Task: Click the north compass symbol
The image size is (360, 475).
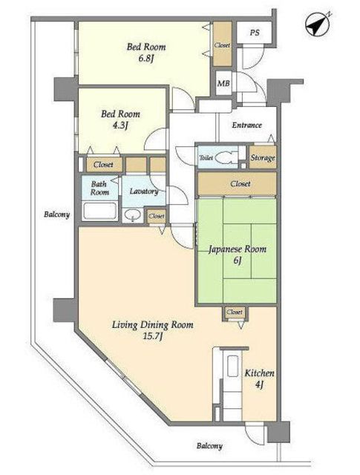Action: [318, 24]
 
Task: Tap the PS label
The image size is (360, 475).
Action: [255, 33]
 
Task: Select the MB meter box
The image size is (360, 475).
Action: [223, 82]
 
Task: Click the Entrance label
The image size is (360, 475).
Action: [247, 125]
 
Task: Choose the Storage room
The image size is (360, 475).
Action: [263, 157]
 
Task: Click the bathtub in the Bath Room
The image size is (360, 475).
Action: [100, 210]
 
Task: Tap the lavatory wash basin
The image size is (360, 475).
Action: [133, 215]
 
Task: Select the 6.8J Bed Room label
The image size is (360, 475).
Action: [146, 52]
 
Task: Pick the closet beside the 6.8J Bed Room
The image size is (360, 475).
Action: [222, 45]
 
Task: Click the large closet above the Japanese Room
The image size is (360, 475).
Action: [237, 183]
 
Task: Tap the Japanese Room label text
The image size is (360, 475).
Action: [238, 249]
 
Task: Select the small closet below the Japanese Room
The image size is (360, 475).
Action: [235, 313]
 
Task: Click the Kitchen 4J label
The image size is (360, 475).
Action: [259, 379]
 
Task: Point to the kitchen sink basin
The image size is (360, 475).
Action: [233, 366]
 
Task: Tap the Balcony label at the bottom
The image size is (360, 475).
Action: [209, 445]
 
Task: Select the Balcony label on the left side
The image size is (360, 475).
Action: [56, 214]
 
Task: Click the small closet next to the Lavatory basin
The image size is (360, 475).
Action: [157, 216]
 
